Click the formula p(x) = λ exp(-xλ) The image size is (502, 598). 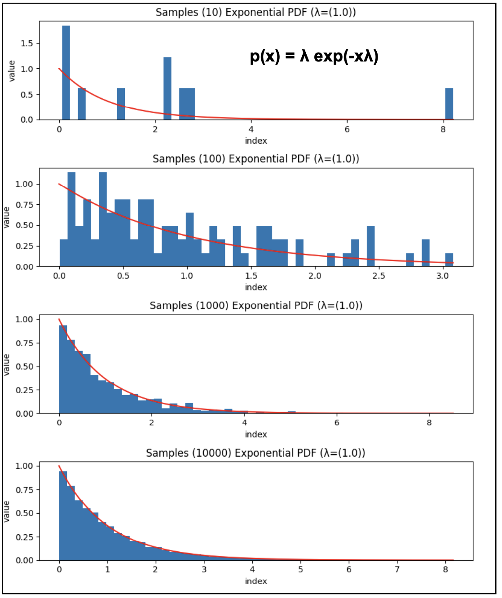point(314,57)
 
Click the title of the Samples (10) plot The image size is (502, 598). point(255,12)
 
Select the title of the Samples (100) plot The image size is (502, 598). point(255,159)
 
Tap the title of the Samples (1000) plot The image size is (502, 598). point(255,306)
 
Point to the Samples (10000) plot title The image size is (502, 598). point(255,453)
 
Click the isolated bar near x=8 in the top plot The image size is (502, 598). point(449,104)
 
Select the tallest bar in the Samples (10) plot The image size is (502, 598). point(66,72)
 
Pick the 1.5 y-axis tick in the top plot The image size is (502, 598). point(27,44)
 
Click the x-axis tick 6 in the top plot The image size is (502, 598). point(347,130)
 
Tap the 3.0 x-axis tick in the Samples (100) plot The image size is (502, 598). point(442,276)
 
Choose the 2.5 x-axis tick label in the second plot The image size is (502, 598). point(379,276)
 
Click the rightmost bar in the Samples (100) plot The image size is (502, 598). point(449,260)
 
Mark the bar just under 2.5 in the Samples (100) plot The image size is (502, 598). point(370,246)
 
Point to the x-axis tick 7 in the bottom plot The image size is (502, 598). point(397,570)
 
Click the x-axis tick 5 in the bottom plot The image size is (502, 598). point(300,570)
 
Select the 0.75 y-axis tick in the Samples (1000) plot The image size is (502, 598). point(24,343)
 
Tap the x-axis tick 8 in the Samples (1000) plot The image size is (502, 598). point(429,423)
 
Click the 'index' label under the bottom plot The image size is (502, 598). point(256,581)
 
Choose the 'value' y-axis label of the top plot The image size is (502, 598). point(12,71)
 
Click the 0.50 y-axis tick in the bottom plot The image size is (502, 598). point(24,513)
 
